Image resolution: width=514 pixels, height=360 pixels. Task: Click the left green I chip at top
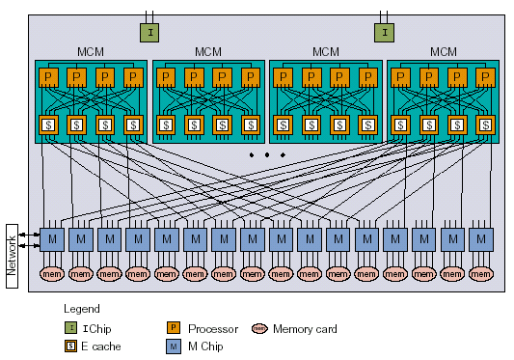point(149,33)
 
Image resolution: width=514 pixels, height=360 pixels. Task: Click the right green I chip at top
point(383,33)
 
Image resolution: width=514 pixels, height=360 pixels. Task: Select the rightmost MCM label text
point(443,51)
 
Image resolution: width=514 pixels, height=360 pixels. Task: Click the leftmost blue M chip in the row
point(52,237)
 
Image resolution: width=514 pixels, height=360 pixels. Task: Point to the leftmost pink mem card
point(52,275)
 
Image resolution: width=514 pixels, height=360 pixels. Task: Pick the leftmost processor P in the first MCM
point(46,76)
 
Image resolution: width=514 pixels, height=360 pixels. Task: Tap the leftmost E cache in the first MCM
point(46,125)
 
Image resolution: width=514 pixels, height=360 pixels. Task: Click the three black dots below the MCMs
point(267,154)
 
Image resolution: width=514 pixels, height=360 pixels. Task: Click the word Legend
point(81,310)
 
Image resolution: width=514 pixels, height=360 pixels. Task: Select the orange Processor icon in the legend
point(175,329)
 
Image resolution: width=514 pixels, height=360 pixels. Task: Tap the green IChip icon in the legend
point(70,329)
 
